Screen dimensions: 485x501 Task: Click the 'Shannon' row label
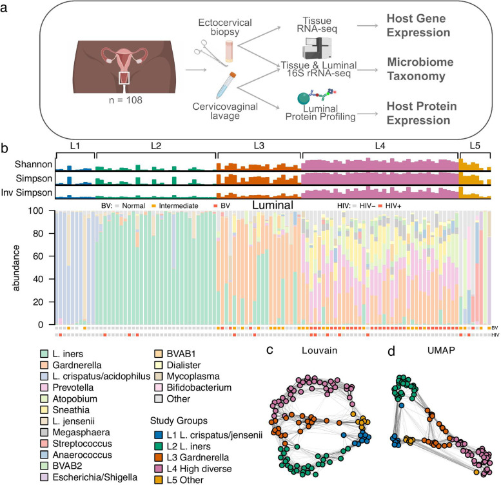(32, 165)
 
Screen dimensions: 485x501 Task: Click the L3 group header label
(259, 147)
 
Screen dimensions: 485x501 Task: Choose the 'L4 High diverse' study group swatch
(157, 464)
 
